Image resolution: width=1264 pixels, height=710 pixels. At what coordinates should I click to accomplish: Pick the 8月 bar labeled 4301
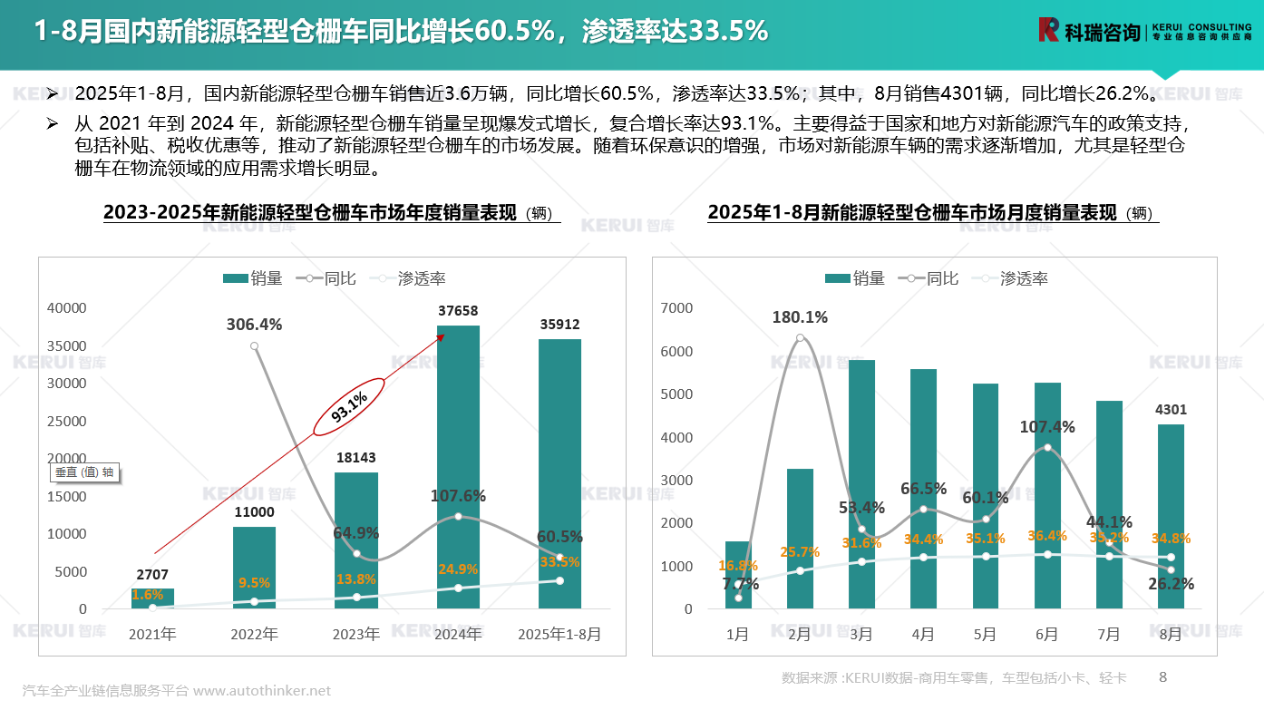[x=1171, y=516]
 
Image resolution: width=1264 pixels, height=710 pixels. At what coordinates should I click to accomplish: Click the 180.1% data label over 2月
[x=800, y=317]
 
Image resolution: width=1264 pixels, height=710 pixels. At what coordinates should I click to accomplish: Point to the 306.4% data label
[x=255, y=325]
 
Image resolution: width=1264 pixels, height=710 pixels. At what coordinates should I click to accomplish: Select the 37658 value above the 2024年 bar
[x=458, y=311]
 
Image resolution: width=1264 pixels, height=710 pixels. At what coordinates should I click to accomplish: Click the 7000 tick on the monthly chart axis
[x=677, y=308]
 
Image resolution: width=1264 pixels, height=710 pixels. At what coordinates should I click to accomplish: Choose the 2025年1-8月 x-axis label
[x=559, y=635]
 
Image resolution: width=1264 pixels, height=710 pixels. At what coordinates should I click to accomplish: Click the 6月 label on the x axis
[x=1046, y=635]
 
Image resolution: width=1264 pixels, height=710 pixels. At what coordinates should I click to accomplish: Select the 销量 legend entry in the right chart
[x=855, y=279]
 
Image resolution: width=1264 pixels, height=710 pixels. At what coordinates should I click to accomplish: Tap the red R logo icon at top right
[x=1048, y=30]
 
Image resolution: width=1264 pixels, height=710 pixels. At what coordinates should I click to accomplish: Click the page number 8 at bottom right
[x=1163, y=676]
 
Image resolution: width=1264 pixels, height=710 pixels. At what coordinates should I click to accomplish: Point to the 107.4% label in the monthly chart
[x=1046, y=427]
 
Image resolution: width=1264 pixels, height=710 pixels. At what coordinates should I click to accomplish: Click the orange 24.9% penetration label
[x=458, y=569]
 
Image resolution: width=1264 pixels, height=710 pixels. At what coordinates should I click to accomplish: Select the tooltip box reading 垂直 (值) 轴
[x=84, y=472]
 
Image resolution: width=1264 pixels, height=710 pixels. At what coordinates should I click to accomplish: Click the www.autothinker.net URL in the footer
[x=262, y=691]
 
